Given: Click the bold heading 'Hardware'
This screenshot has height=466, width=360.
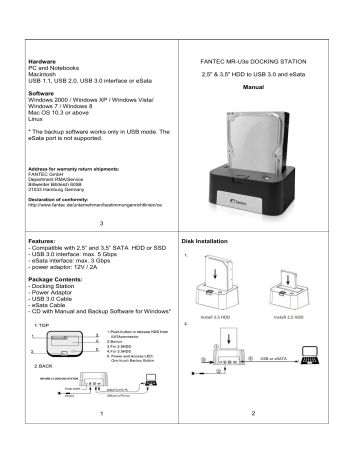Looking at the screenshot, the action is point(40,61).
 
